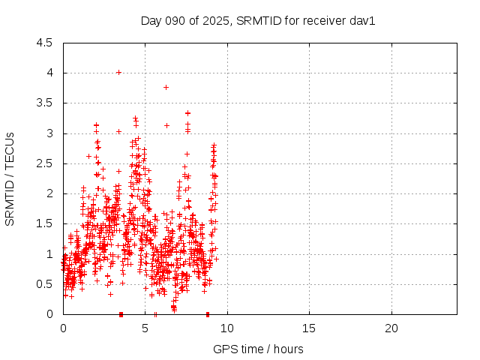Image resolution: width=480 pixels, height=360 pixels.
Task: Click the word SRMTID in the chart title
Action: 256,20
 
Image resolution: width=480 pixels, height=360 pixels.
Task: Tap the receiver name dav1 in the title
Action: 361,20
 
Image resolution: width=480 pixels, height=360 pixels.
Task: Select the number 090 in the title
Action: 176,20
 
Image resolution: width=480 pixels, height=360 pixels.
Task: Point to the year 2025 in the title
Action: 217,20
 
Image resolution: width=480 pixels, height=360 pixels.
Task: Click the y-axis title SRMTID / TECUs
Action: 10,179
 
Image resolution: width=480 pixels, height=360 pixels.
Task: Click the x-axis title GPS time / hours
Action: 258,349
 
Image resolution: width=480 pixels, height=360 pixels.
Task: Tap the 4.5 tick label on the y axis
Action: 44,43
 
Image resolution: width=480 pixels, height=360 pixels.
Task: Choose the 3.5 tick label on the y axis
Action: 44,103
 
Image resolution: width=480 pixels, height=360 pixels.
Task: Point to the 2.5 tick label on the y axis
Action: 44,163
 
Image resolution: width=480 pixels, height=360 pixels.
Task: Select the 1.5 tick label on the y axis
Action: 44,223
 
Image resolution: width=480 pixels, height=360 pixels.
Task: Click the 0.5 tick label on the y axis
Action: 44,284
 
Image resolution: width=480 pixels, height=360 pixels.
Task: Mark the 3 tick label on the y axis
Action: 49,133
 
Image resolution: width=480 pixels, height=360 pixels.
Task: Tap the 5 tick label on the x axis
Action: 145,328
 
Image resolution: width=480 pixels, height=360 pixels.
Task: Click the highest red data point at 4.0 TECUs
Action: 118,73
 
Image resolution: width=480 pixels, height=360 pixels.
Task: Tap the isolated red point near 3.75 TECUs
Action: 166,87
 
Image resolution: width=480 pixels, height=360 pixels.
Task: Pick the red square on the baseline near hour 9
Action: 208,313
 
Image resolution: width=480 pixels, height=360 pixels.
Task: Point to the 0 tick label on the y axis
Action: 49,314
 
